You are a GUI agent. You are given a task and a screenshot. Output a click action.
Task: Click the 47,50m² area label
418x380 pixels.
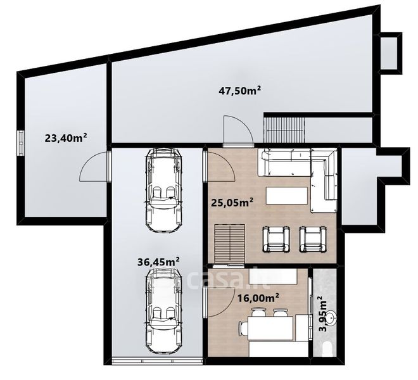pyautogui.click(x=239, y=91)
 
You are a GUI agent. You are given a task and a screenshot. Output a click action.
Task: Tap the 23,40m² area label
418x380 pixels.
pyautogui.click(x=66, y=137)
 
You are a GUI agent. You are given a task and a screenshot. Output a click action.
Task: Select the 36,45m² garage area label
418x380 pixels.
pyautogui.click(x=158, y=262)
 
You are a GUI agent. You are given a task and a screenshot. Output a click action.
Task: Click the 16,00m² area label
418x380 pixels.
pyautogui.click(x=258, y=297)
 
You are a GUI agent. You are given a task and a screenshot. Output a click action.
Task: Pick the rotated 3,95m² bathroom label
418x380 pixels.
pyautogui.click(x=324, y=313)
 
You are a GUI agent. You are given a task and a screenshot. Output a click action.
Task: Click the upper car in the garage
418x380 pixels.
pyautogui.click(x=163, y=190)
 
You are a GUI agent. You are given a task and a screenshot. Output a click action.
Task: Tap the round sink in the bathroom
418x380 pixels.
pyautogui.click(x=331, y=317)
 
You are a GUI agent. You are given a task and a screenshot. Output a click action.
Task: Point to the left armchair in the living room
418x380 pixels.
pyautogui.click(x=276, y=239)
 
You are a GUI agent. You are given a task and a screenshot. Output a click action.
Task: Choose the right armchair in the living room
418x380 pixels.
pyautogui.click(x=313, y=239)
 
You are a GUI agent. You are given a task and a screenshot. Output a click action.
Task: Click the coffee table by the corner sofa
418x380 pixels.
pyautogui.click(x=287, y=196)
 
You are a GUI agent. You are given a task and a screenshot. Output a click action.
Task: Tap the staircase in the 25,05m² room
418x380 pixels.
pyautogui.click(x=230, y=244)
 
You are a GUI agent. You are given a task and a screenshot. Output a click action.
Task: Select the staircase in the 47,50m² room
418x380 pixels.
pyautogui.click(x=284, y=130)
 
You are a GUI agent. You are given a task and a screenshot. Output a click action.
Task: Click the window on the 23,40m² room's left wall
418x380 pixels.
pyautogui.click(x=20, y=142)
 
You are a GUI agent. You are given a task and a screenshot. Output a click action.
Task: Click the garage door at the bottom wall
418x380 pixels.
pyautogui.click(x=157, y=362)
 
